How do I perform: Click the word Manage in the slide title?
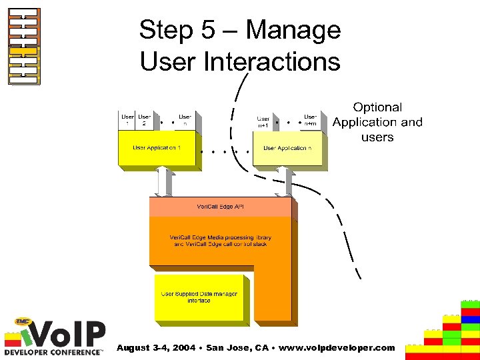tap(293, 31)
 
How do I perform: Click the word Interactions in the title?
tap(273, 62)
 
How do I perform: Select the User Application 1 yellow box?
tap(157, 148)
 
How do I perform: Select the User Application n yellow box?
tap(287, 148)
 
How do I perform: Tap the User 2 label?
tap(144, 120)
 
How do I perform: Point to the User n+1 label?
tap(263, 122)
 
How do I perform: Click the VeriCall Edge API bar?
tap(220, 207)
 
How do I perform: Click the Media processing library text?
tap(221, 241)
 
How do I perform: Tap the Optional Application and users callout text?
tap(377, 122)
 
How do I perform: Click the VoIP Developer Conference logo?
tap(55, 337)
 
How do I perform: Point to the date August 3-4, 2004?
tap(155, 348)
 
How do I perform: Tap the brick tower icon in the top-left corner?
tap(24, 46)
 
